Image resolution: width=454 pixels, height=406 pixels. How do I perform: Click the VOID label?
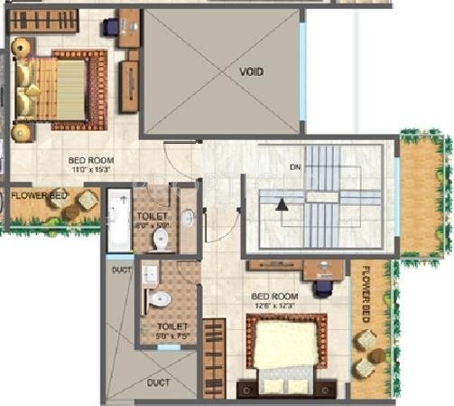(x=252, y=71)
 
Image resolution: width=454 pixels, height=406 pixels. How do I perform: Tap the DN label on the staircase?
(x=295, y=167)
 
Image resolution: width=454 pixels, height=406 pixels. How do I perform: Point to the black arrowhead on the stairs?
(x=283, y=205)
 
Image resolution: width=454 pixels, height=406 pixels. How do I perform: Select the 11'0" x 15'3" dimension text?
(x=91, y=169)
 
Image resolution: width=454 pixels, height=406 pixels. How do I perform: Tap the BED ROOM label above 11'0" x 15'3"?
(x=91, y=160)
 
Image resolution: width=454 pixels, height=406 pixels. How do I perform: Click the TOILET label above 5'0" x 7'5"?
(x=171, y=326)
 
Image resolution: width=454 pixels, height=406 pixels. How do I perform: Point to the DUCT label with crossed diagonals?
(x=158, y=382)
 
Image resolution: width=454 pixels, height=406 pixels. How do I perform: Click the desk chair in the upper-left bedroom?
(x=111, y=26)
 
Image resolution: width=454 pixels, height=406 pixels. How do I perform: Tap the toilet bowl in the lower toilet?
(x=159, y=298)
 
